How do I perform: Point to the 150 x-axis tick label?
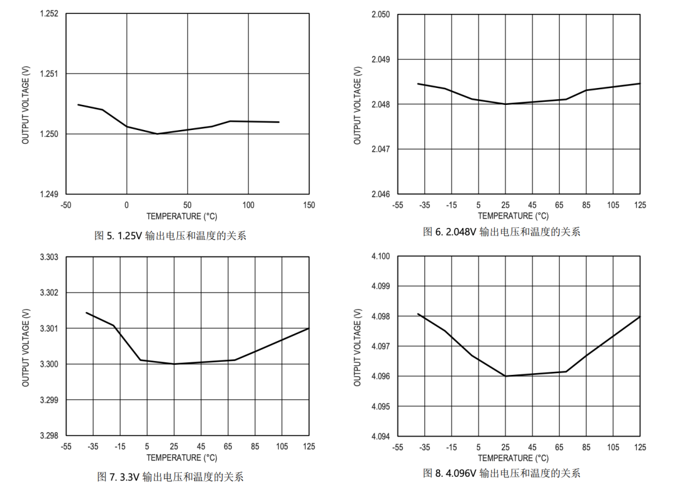point(309,205)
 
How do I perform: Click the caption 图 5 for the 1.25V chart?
point(170,236)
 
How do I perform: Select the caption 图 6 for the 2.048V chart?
point(501,232)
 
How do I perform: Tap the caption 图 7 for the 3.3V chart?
point(170,476)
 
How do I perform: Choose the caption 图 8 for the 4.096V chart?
point(501,473)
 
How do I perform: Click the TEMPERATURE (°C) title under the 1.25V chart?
point(182,217)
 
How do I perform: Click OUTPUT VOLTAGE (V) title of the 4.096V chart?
point(358,347)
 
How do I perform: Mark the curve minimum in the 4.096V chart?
point(505,376)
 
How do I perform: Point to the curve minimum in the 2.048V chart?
point(505,104)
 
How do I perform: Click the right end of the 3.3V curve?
point(309,328)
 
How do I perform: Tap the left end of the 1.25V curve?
point(78,104)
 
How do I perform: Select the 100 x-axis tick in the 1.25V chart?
point(248,205)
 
